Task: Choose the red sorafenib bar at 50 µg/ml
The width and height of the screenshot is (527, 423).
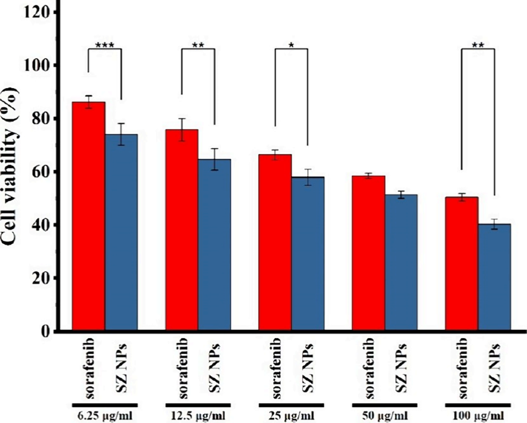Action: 369,253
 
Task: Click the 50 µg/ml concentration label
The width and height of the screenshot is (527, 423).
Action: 385,413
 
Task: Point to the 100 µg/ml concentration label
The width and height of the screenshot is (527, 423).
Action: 478,413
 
